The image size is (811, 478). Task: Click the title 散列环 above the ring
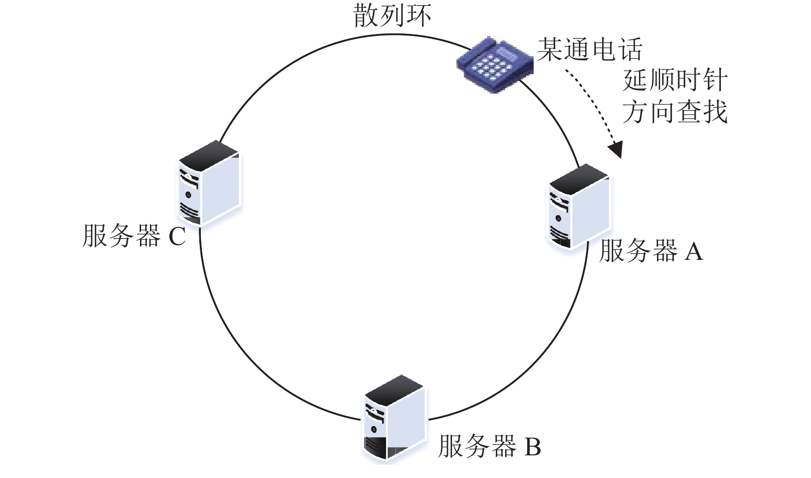tap(392, 15)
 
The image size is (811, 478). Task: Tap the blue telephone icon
tap(494, 64)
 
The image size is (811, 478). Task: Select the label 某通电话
tap(590, 49)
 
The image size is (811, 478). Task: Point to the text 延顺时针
tap(675, 80)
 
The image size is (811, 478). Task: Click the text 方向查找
tap(675, 112)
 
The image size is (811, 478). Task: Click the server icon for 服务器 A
tap(579, 207)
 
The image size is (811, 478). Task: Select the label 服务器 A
tap(651, 251)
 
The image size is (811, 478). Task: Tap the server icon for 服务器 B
tap(394, 418)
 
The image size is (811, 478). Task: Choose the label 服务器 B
tap(490, 446)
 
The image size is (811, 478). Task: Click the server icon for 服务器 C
tap(209, 183)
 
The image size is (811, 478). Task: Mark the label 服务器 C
tap(134, 236)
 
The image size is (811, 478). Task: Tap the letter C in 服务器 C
tap(178, 236)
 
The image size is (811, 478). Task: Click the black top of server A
tap(579, 179)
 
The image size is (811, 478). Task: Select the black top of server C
tap(209, 155)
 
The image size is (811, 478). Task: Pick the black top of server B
tap(394, 391)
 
